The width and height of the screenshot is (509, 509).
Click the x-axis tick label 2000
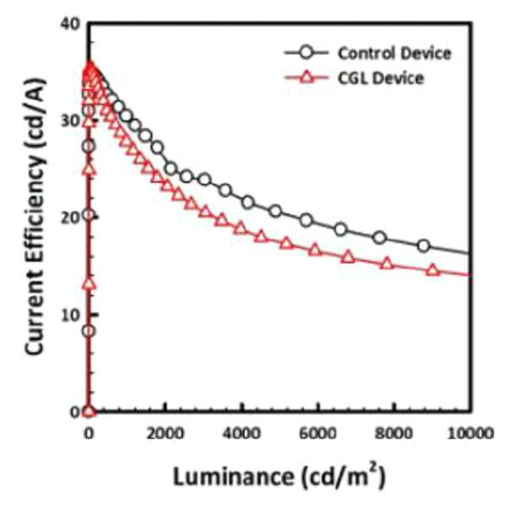[x=165, y=434]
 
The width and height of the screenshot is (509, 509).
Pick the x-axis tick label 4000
[x=241, y=434]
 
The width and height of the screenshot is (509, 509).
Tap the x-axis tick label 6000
[x=318, y=434]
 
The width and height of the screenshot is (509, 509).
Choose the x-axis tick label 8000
[x=394, y=434]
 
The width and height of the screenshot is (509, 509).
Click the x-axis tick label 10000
[x=471, y=434]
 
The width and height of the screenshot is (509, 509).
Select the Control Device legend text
[x=395, y=53]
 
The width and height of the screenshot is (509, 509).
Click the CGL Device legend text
[x=381, y=78]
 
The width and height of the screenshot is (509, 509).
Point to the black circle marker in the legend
[x=306, y=53]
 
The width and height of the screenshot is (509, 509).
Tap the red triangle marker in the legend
[x=307, y=78]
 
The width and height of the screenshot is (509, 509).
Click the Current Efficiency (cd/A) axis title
[x=35, y=217]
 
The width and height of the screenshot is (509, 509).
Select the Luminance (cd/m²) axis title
[x=279, y=476]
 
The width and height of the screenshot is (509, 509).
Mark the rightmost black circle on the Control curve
[x=423, y=246]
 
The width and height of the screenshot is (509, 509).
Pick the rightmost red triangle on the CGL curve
[x=433, y=270]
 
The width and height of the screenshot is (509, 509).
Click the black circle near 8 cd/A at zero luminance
[x=89, y=331]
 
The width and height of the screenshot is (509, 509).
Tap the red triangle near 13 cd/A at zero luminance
[x=89, y=284]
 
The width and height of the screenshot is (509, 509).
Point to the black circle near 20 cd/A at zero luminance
[x=89, y=214]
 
